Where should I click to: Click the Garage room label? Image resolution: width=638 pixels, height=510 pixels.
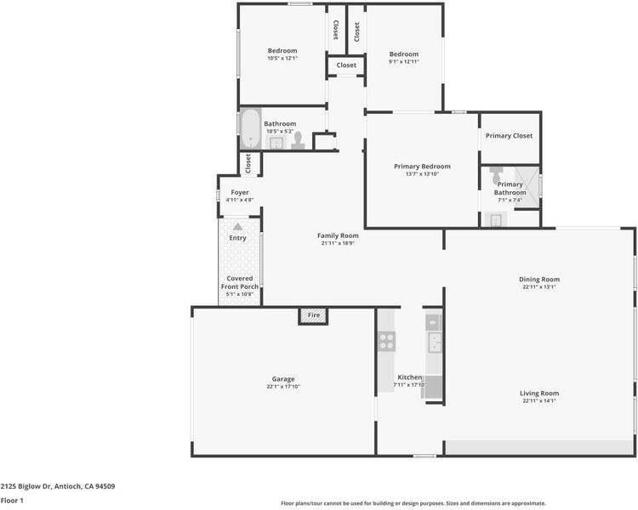tap(283, 379)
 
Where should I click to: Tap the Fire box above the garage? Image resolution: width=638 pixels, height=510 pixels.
tap(313, 315)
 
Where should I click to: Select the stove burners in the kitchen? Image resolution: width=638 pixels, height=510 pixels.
tap(386, 341)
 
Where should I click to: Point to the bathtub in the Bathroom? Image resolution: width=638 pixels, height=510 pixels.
tap(250, 128)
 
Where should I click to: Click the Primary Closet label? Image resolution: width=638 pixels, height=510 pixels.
tap(509, 136)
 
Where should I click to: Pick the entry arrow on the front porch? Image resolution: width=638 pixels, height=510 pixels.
tap(237, 227)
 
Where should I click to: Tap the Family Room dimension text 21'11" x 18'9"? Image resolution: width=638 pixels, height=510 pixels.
tap(338, 243)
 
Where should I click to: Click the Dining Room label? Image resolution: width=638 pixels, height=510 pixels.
tap(539, 280)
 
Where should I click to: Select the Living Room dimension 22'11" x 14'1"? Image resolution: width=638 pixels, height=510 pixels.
tap(539, 400)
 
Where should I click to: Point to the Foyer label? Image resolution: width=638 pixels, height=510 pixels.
tap(240, 192)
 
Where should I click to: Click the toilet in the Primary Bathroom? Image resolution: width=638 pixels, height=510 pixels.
tap(496, 174)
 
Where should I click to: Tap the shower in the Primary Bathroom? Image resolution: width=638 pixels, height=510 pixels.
tap(527, 187)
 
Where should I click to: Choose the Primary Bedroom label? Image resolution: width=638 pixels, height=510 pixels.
tap(422, 167)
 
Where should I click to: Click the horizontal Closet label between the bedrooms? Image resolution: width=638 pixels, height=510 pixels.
tap(346, 65)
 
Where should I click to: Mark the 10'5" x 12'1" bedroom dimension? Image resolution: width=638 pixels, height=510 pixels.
tap(282, 58)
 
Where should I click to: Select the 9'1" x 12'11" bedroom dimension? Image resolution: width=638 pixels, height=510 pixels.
tap(403, 61)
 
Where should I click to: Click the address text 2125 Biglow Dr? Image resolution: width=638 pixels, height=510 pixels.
tap(26, 486)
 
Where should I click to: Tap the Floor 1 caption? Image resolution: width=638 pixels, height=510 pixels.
tap(12, 501)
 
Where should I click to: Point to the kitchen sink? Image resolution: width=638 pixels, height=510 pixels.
tap(435, 343)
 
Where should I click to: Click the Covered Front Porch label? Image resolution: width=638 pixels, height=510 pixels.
tap(240, 283)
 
